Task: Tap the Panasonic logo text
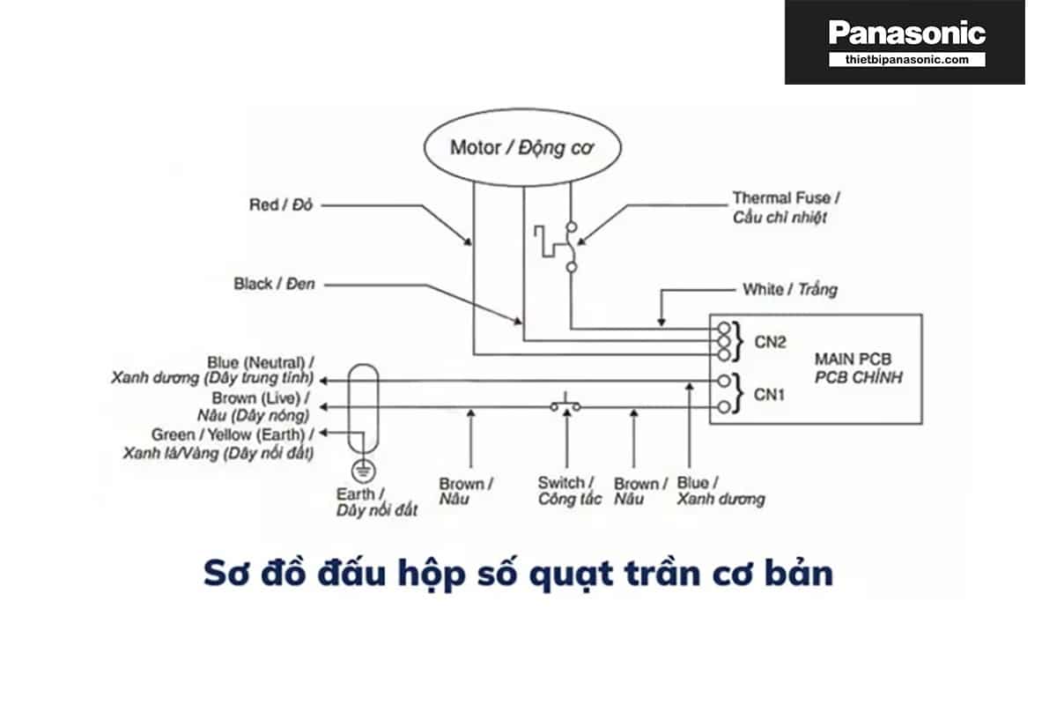click(x=906, y=33)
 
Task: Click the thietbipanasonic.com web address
click(x=906, y=59)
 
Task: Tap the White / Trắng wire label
click(x=790, y=289)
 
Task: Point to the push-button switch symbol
click(x=565, y=405)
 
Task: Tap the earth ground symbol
click(x=359, y=470)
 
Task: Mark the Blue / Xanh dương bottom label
click(x=721, y=491)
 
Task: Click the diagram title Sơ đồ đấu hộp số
click(x=518, y=574)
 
